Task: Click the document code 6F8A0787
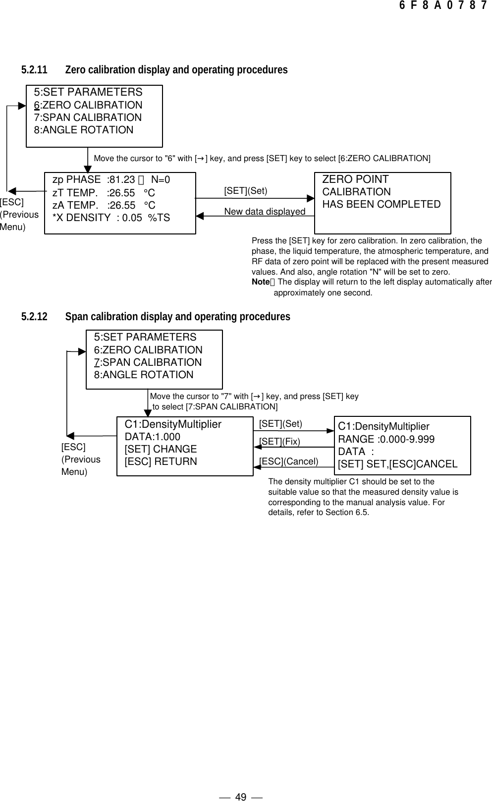[x=443, y=6]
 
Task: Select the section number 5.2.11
[x=34, y=70]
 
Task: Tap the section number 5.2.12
[x=34, y=316]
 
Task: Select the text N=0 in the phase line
[x=161, y=179]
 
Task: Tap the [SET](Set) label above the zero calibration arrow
[x=246, y=191]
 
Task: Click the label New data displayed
[x=265, y=212]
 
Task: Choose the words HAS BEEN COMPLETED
[x=381, y=204]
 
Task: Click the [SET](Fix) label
[x=280, y=441]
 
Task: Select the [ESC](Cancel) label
[x=289, y=461]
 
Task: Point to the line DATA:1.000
[x=153, y=437]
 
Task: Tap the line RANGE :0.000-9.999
[x=386, y=439]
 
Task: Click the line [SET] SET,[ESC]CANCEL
[x=397, y=464]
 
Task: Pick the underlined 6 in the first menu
[x=37, y=105]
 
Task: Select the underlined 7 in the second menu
[x=97, y=362]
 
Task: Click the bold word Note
[x=260, y=282]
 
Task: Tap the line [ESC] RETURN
[x=161, y=461]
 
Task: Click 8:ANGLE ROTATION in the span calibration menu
[x=144, y=375]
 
